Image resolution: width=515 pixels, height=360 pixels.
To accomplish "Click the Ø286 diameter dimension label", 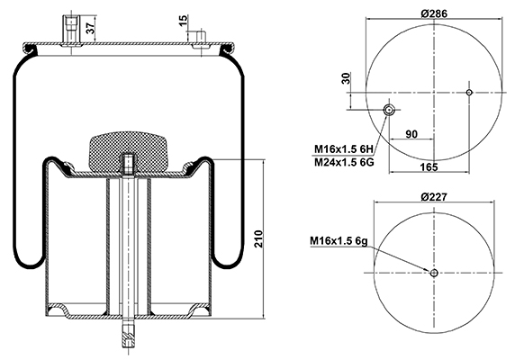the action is pos(434,13).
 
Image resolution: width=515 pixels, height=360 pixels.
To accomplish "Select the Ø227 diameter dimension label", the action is pos(434,197).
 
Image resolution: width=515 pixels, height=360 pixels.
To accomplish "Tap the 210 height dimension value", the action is pos(258,238).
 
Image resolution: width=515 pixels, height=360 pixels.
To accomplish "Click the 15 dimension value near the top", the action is pos(184,21).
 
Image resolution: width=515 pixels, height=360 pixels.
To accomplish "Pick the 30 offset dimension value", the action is pos(347,78).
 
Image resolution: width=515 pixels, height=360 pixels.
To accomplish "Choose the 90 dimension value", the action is pos(411,134).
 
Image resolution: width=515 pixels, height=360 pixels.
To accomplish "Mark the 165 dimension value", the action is pos(429,167).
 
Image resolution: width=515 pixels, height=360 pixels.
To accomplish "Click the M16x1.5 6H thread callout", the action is pos(344,149).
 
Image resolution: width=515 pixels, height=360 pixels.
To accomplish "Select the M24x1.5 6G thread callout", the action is pos(344,162).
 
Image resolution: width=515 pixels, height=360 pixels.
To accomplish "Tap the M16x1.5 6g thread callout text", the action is pos(339,241).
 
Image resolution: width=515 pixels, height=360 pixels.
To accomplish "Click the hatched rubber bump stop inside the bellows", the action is pos(129,151).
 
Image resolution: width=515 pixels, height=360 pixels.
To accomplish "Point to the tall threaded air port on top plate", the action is pos(70,30).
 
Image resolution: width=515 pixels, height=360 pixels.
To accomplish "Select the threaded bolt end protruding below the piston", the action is pos(129,335).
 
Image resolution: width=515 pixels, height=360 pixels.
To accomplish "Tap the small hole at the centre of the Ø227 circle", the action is pos(434,273).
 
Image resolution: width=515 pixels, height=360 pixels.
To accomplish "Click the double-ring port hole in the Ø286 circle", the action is pos(389,110).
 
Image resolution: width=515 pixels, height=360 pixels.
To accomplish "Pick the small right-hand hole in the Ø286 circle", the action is pos(469,93).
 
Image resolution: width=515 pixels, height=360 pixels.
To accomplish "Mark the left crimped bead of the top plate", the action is pos(31,49).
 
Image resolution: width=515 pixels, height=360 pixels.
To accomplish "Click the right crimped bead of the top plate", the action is pos(227,49).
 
